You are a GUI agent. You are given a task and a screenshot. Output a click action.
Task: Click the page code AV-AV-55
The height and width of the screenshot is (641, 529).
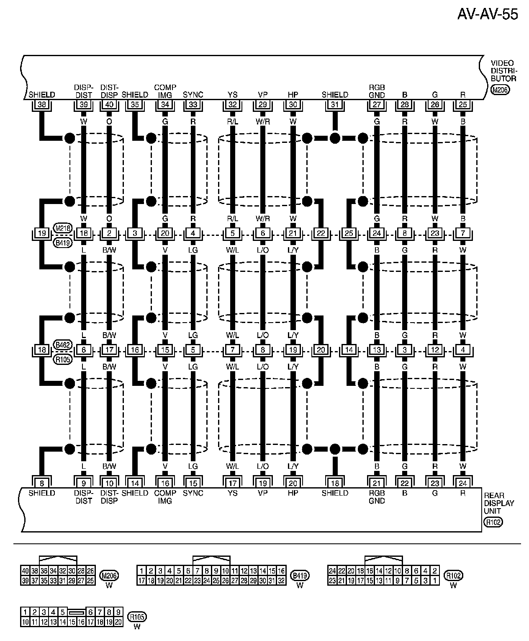coord(487,14)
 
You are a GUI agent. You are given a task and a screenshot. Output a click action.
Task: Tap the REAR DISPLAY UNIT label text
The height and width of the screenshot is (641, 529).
coord(499,503)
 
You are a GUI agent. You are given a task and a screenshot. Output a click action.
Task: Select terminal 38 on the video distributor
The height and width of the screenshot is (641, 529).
coord(42,104)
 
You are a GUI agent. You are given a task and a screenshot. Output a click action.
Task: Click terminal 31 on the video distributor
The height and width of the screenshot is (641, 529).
coord(335,104)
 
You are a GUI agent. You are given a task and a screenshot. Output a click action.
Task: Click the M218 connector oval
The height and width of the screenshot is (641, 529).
coord(63,228)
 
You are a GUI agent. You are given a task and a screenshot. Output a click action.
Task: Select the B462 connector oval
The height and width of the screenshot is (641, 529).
coord(63,345)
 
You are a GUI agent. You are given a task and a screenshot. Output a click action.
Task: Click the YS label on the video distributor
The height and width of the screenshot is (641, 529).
coord(233,95)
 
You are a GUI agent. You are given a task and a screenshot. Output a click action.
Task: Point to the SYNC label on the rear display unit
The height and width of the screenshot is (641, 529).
coord(193,493)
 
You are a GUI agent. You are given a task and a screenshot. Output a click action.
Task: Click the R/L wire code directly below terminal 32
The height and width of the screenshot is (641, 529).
coord(233,121)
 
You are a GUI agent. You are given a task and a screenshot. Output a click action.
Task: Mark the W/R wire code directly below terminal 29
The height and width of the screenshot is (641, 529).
coord(263,121)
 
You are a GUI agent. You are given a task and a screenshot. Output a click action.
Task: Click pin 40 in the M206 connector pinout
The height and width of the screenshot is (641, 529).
coord(25,570)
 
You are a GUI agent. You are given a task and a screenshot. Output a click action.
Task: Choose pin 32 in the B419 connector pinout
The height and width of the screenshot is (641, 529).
coord(282,580)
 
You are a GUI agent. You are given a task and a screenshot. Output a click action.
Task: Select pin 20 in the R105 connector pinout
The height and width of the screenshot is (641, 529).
coord(118,622)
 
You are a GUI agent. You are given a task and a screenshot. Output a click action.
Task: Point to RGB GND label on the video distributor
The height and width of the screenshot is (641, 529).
coord(377,91)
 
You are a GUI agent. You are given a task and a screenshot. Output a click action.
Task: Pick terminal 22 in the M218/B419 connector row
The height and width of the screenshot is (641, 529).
coord(321,233)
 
